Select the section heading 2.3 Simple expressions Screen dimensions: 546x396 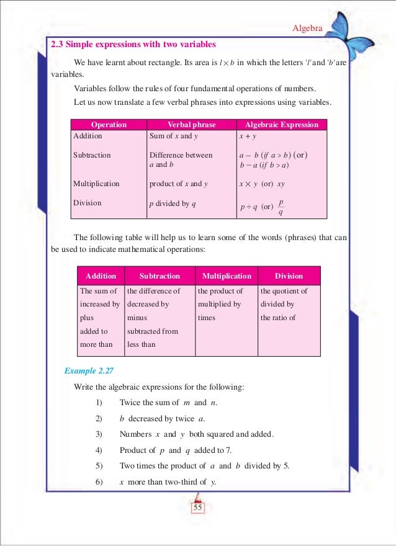click(133, 45)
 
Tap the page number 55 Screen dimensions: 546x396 click(198, 508)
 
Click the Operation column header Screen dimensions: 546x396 click(109, 125)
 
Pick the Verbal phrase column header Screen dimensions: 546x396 click(192, 125)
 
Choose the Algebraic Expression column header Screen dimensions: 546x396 click(282, 125)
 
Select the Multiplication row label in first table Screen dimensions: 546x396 click(96, 184)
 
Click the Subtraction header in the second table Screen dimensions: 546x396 click(160, 275)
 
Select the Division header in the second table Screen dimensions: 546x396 click(289, 275)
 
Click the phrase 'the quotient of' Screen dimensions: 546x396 click(284, 290)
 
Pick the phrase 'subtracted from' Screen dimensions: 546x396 click(152, 331)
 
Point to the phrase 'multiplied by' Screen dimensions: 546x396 click(219, 304)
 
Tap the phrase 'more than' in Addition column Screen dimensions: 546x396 click(96, 344)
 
